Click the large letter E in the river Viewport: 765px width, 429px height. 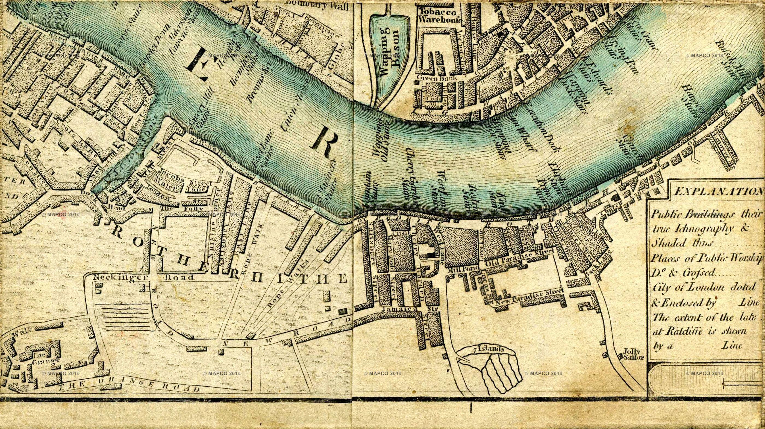pyautogui.click(x=197, y=64)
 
